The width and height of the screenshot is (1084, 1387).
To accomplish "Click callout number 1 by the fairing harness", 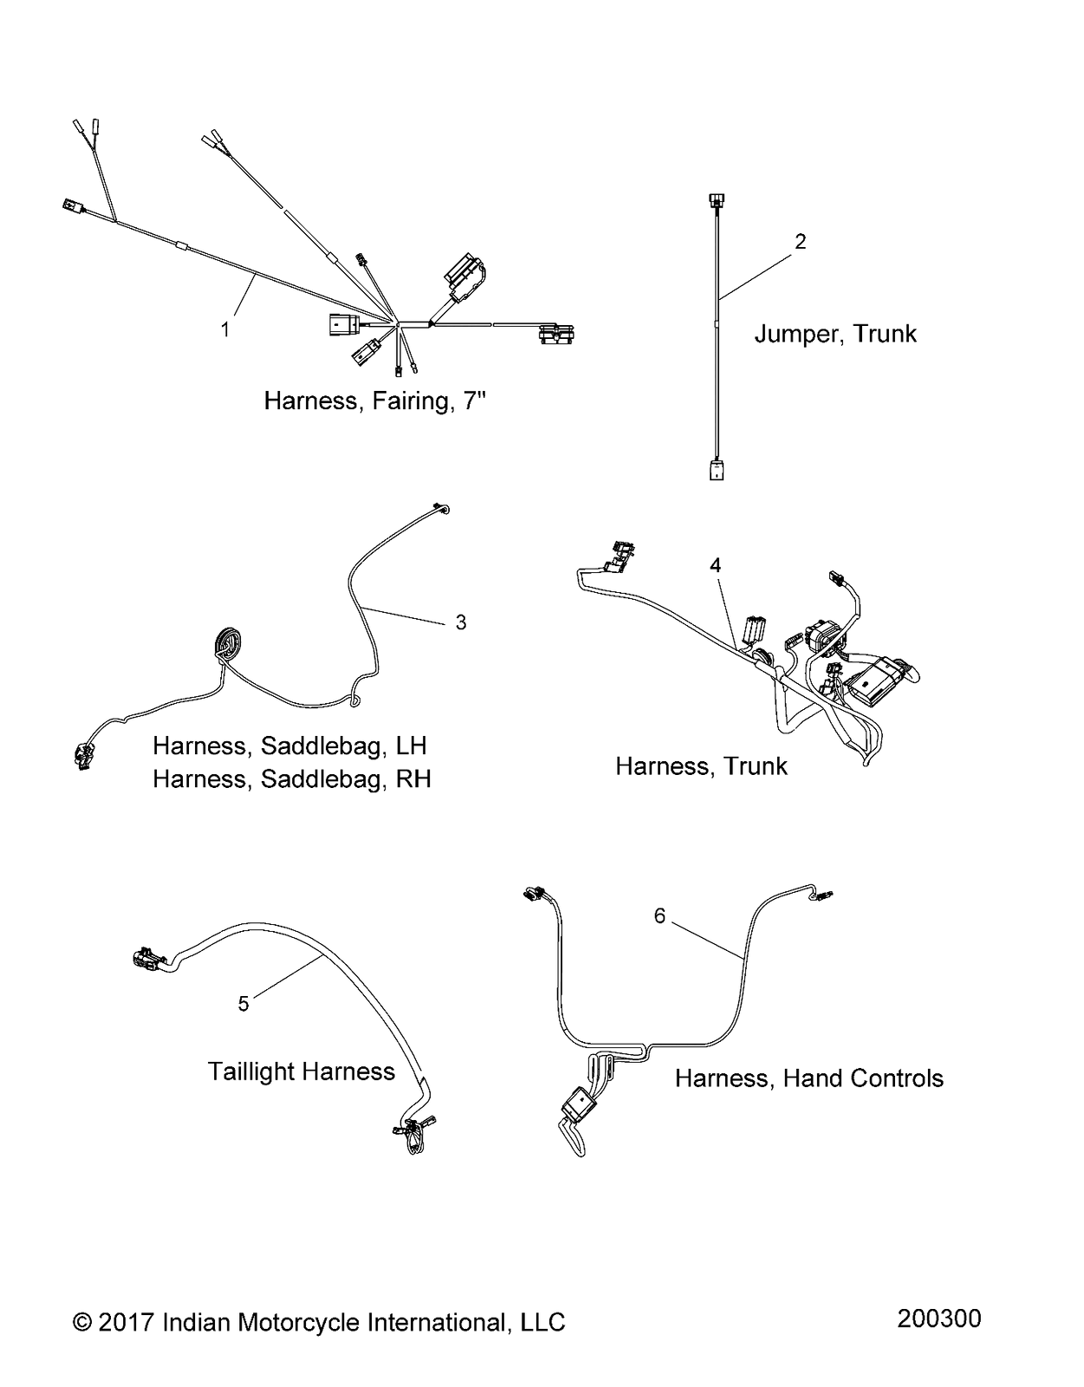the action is pos(224,330).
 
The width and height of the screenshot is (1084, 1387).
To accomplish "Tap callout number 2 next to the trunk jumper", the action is pos(800,241).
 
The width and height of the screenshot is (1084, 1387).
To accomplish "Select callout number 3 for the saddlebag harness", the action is pos(461,622).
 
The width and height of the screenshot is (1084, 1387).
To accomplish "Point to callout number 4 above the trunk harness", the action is pos(715,565).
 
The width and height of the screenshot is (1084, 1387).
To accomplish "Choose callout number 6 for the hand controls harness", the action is pos(659,916).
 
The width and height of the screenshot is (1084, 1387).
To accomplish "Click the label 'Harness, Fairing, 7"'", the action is pos(375,400).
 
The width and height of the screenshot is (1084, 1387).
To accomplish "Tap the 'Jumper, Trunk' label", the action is pos(835,334).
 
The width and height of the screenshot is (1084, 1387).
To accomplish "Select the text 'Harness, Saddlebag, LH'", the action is pos(289,746).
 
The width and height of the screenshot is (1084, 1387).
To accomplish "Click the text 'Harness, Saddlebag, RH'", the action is pos(292,778).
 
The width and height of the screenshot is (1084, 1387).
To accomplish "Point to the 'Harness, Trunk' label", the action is pos(701,766).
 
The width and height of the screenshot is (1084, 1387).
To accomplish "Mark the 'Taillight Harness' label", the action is pos(302,1071).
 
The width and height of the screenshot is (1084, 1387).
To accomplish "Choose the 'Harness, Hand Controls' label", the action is pos(809,1078).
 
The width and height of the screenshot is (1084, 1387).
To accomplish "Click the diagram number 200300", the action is pos(938,1318).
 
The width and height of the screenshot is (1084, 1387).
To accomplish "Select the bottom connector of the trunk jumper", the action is pos(717,469).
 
